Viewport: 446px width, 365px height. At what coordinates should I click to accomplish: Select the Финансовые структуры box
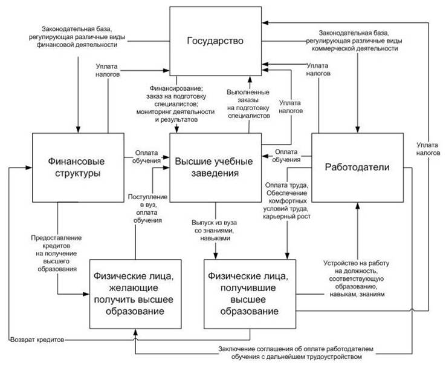(72, 167)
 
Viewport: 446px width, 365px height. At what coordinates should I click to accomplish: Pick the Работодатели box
(357, 167)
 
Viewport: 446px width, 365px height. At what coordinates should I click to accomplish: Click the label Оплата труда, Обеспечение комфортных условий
(287, 200)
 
